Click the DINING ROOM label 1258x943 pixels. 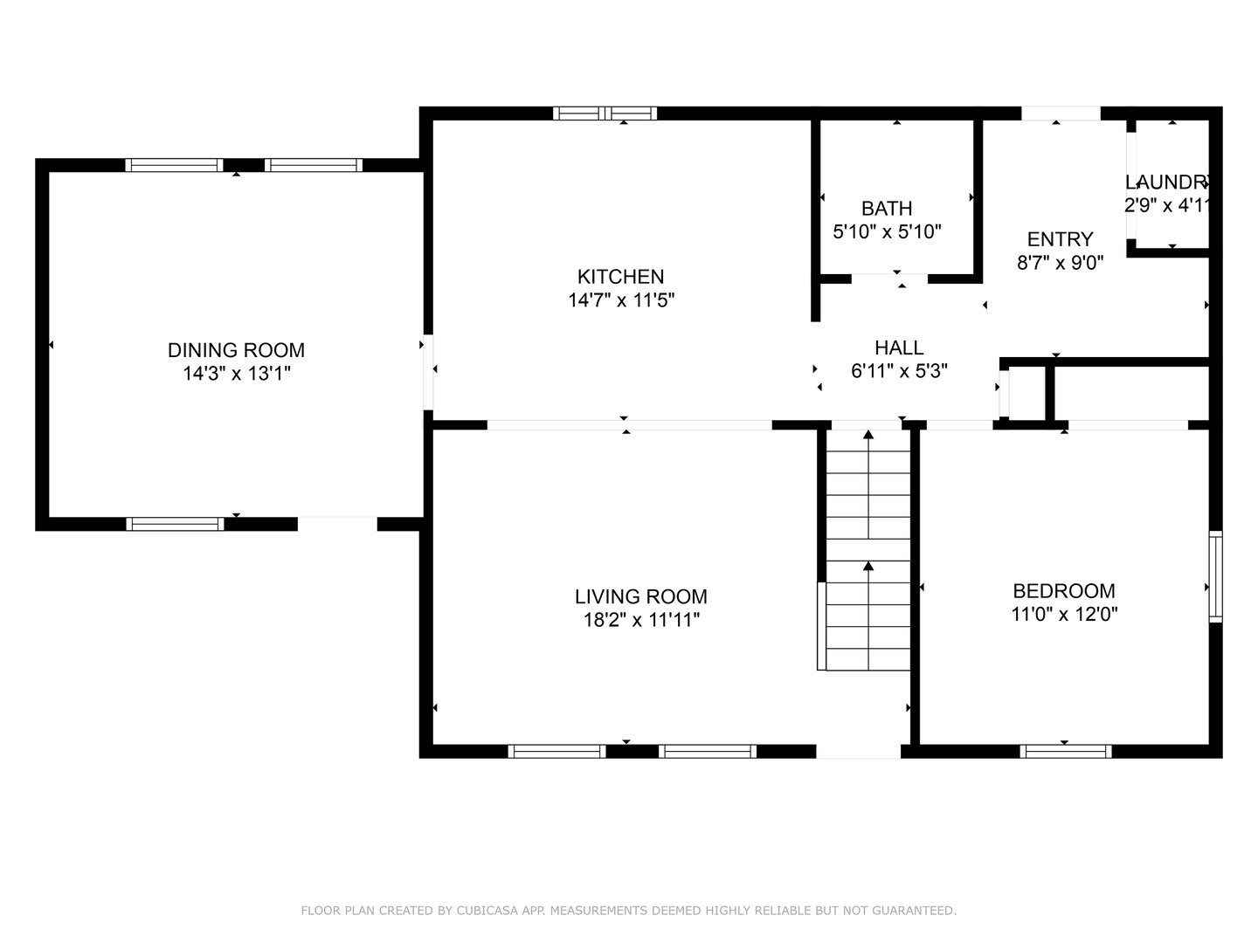point(236,350)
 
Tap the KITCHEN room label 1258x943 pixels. point(620,277)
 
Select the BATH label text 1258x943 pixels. point(887,209)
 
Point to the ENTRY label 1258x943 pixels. point(1060,239)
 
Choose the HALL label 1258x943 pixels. point(899,348)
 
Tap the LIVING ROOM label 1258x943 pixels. point(640,597)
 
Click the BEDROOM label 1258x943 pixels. point(1063,591)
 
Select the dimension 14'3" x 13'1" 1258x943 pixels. point(236,374)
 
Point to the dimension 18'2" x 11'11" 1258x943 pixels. point(640,621)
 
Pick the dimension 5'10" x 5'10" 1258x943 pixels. point(887,232)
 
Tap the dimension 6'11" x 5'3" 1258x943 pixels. point(899,371)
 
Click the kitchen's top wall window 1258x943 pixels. point(605,113)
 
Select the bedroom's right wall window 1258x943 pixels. point(1215,575)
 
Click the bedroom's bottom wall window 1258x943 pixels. point(1065,751)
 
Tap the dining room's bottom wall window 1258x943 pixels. point(175,524)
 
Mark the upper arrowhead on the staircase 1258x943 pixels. point(868,434)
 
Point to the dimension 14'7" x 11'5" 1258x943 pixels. point(620,300)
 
